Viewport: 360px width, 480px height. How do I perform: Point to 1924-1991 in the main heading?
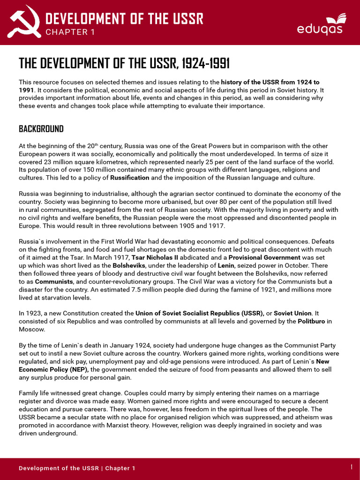(205, 63)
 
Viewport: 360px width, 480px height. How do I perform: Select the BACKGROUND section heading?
(41, 128)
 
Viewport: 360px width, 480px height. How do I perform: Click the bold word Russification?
(129, 178)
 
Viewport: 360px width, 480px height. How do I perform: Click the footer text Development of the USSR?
(60, 468)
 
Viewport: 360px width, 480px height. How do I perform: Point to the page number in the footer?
(352, 467)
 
